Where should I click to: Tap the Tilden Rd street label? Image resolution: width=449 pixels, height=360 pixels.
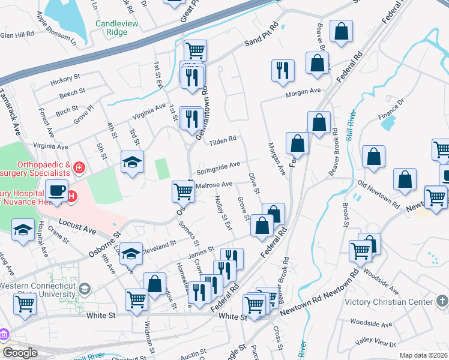[223, 142]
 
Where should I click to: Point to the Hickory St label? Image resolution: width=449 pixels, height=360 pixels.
[65, 79]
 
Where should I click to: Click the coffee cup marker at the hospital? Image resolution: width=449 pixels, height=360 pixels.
[57, 191]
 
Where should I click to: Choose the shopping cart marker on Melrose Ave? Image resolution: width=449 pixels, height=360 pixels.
[183, 192]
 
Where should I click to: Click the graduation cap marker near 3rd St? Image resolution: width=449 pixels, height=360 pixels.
[133, 161]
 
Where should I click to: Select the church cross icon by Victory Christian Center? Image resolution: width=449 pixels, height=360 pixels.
[442, 301]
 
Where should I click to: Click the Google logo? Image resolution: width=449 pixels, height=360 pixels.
[20, 353]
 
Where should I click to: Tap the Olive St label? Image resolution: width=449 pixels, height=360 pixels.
[253, 183]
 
